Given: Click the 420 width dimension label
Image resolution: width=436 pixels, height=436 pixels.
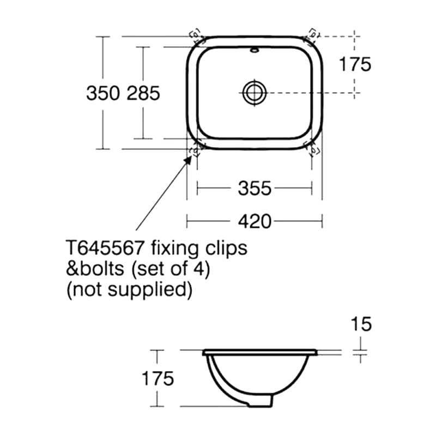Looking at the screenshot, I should pyautogui.click(x=255, y=221).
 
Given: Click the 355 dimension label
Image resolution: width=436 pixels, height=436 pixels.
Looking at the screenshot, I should pyautogui.click(x=255, y=189).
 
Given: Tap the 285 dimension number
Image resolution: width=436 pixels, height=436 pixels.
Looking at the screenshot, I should pyautogui.click(x=143, y=94).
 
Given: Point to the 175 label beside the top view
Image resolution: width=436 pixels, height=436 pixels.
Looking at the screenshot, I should pyautogui.click(x=355, y=64).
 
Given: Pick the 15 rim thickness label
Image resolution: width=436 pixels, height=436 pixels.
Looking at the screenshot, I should pyautogui.click(x=360, y=324).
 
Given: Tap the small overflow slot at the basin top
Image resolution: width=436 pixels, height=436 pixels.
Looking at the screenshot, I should pyautogui.click(x=254, y=51).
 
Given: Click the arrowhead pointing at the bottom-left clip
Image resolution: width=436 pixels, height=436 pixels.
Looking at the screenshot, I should pyautogui.click(x=190, y=157).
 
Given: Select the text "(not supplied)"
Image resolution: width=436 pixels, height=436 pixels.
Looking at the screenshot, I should pyautogui.click(x=129, y=289).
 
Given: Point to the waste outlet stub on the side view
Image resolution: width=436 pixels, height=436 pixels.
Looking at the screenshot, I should pyautogui.click(x=261, y=402).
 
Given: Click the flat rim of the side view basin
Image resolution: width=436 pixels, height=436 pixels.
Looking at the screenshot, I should pyautogui.click(x=261, y=352).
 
